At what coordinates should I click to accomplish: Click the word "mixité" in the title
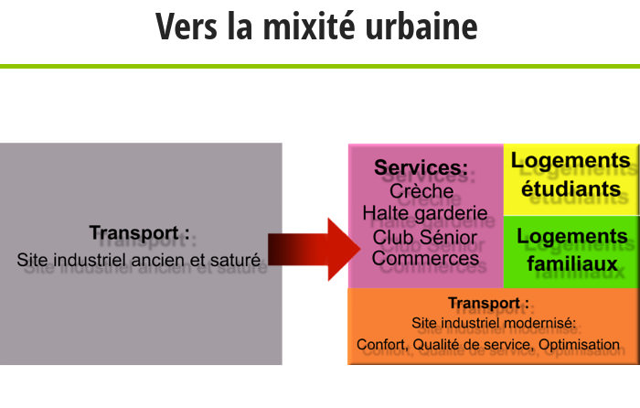(x=309, y=27)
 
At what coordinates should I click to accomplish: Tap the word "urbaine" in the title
(x=421, y=27)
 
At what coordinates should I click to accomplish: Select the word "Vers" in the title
(x=187, y=27)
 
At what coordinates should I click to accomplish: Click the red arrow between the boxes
(x=314, y=249)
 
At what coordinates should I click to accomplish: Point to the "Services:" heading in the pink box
(x=421, y=167)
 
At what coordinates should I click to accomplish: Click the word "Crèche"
(x=421, y=190)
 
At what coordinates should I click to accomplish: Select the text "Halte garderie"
(x=425, y=213)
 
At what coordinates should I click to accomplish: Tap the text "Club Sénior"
(x=424, y=237)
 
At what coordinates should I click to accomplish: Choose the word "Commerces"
(x=425, y=258)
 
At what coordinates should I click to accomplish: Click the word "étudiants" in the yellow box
(x=571, y=189)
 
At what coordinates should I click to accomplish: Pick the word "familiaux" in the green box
(x=572, y=263)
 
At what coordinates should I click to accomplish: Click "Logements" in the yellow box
(x=571, y=161)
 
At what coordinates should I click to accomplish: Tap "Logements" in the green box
(x=572, y=237)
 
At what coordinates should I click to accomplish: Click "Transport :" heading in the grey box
(x=140, y=232)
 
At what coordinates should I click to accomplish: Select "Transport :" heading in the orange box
(x=488, y=303)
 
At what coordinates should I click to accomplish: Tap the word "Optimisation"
(x=579, y=344)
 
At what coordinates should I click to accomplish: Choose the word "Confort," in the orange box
(x=383, y=345)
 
